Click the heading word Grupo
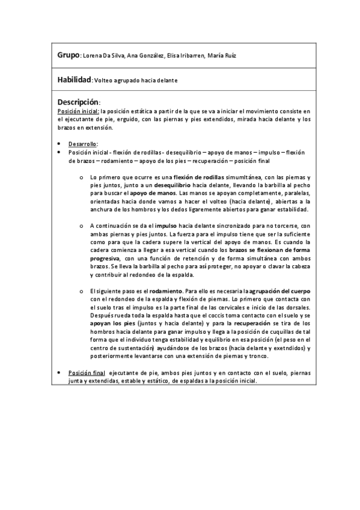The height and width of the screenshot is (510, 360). tap(69, 55)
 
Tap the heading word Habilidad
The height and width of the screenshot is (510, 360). tap(74, 79)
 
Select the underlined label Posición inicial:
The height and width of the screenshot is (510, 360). tap(78, 111)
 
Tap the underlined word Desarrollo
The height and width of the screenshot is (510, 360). tap(82, 144)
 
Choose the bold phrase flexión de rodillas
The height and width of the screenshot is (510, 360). tap(198, 177)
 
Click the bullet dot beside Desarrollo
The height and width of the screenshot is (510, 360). tap(59, 144)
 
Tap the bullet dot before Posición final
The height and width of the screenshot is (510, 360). tap(59, 373)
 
